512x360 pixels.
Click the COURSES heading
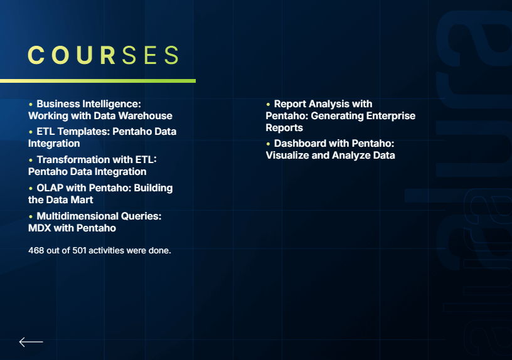pos(104,55)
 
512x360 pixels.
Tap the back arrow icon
pos(31,342)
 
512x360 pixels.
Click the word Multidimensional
pos(77,216)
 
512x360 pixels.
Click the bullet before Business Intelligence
pos(31,105)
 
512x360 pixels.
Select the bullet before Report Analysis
pos(268,105)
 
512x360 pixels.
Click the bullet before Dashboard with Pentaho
pos(268,144)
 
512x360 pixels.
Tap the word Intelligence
pos(111,104)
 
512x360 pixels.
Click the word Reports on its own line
pos(284,128)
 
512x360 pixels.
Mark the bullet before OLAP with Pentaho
pos(31,189)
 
